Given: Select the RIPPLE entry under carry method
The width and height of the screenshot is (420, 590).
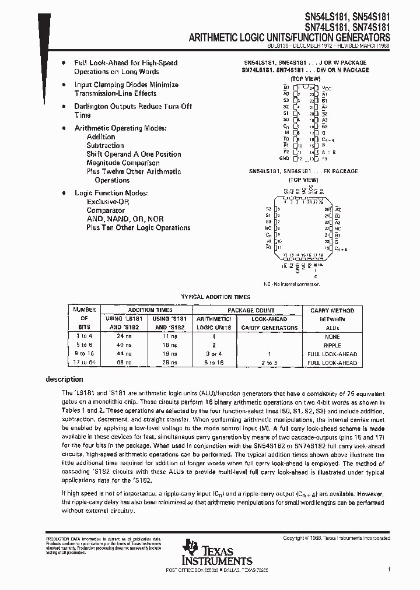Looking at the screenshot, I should [x=332, y=345].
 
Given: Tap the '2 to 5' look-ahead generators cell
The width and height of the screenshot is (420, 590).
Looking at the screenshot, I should [x=269, y=363].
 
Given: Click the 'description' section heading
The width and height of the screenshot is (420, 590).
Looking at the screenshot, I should [x=65, y=380].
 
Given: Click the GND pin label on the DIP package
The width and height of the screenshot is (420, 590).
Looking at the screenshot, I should [x=284, y=158].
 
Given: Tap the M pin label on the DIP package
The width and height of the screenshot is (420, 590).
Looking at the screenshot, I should [x=286, y=132].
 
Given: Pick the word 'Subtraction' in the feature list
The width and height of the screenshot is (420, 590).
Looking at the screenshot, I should [x=105, y=146].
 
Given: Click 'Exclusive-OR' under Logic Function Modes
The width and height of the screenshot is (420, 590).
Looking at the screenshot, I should [x=108, y=201].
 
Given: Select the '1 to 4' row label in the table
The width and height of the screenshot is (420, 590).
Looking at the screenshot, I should [x=83, y=336].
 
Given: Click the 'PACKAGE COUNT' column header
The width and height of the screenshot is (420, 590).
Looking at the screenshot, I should [x=251, y=310].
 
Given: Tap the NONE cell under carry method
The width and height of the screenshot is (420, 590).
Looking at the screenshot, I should [x=332, y=336].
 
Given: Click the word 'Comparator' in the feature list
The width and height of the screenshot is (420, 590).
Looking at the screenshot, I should [x=106, y=210].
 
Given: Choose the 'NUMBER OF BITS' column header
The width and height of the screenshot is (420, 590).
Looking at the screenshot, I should [x=83, y=319].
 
